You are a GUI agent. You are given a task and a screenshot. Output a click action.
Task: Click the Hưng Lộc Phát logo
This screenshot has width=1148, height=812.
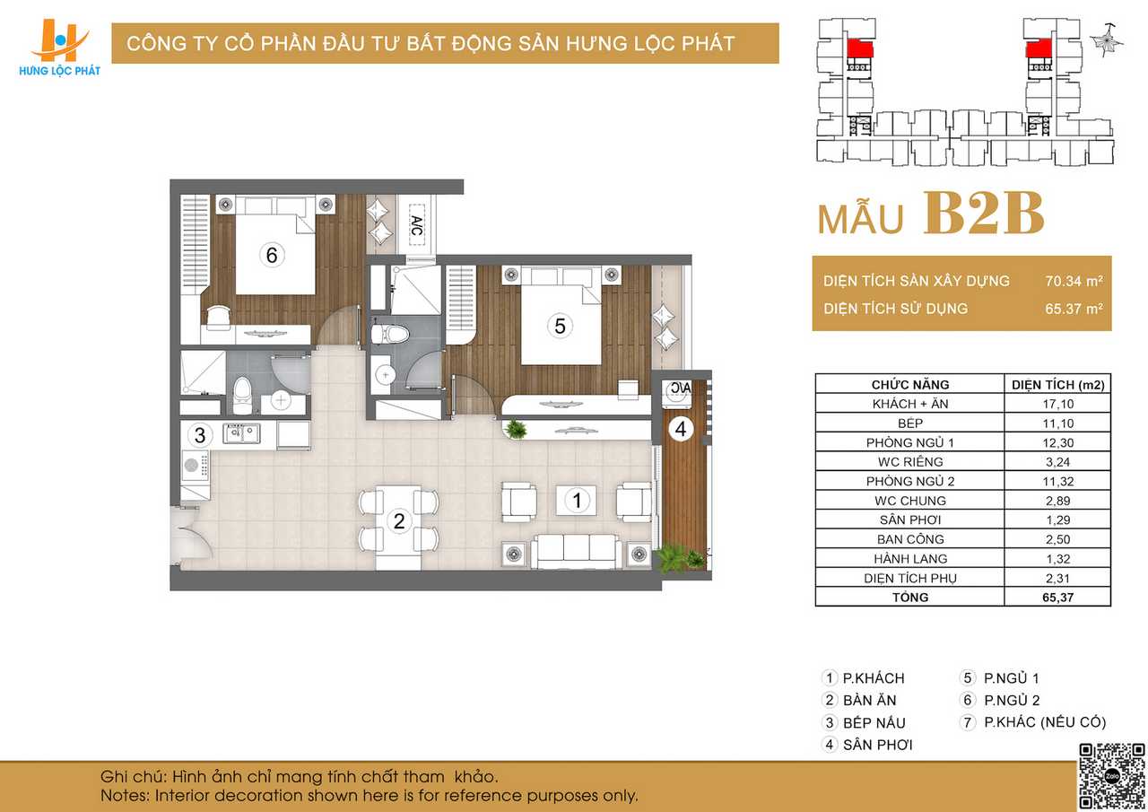[x=59, y=48]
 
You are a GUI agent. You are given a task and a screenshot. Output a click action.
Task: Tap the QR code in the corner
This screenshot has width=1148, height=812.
[x=1111, y=776]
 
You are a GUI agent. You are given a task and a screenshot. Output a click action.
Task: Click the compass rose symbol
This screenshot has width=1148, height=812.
[x=1107, y=41]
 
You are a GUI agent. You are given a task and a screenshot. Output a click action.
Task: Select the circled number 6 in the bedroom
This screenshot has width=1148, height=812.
[x=272, y=255]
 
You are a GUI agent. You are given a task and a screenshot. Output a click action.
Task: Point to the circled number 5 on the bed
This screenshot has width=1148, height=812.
[x=560, y=326]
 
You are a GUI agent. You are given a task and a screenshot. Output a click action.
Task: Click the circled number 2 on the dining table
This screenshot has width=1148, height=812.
[x=399, y=521]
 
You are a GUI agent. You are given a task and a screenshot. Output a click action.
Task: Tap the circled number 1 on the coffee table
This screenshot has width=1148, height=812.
[x=577, y=501]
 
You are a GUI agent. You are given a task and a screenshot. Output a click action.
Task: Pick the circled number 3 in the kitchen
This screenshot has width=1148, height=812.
[x=200, y=435]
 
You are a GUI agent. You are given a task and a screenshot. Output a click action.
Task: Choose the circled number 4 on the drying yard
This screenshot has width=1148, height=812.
[x=681, y=429]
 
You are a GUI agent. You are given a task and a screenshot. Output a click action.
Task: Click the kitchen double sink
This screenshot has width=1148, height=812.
[x=241, y=433]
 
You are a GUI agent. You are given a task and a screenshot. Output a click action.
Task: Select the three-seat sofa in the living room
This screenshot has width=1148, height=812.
[x=576, y=552]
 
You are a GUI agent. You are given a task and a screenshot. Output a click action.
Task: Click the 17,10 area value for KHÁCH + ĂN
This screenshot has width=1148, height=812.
[x=1057, y=404]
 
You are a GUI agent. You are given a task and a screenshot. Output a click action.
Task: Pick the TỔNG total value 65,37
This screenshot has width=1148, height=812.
[x=1057, y=598]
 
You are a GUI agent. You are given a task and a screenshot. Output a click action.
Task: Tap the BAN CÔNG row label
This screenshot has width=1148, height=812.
[x=910, y=539]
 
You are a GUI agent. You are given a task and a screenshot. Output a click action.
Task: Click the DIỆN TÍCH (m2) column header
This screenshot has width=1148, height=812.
[x=1057, y=385]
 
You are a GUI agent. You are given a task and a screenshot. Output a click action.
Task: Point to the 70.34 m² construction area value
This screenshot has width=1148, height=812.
[x=1074, y=281]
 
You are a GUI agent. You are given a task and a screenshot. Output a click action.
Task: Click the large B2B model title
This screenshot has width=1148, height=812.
[x=984, y=214]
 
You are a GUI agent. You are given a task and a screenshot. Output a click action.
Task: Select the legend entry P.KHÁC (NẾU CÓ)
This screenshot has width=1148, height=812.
[x=1045, y=722]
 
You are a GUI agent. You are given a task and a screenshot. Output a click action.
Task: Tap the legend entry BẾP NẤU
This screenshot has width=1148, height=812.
[x=874, y=723]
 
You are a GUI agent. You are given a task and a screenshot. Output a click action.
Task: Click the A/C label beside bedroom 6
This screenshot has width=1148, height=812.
[x=417, y=225]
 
